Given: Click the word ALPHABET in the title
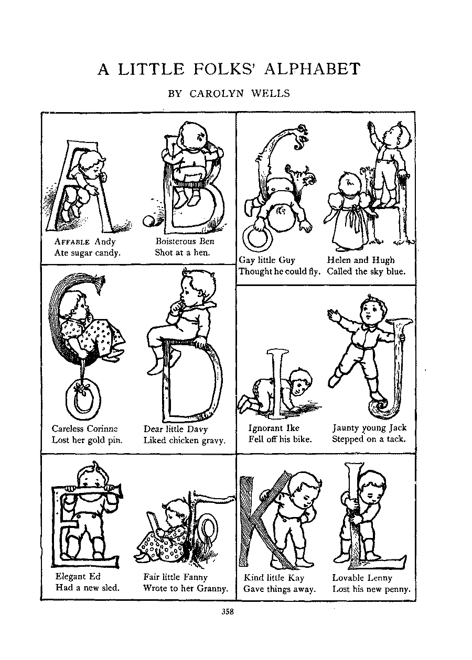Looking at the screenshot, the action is pyautogui.click(x=312, y=69).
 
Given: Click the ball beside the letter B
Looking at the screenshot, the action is pyautogui.click(x=148, y=221).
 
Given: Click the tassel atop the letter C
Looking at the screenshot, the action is pyautogui.click(x=99, y=283).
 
